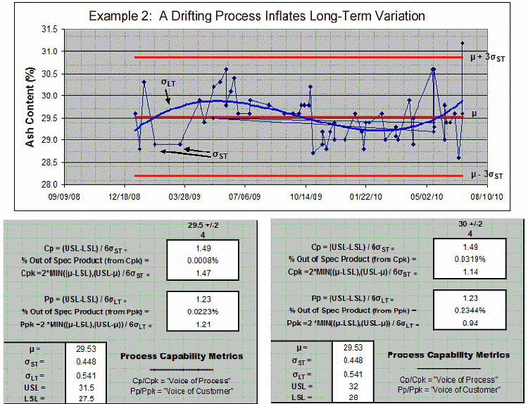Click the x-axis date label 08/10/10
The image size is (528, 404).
(x=485, y=197)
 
